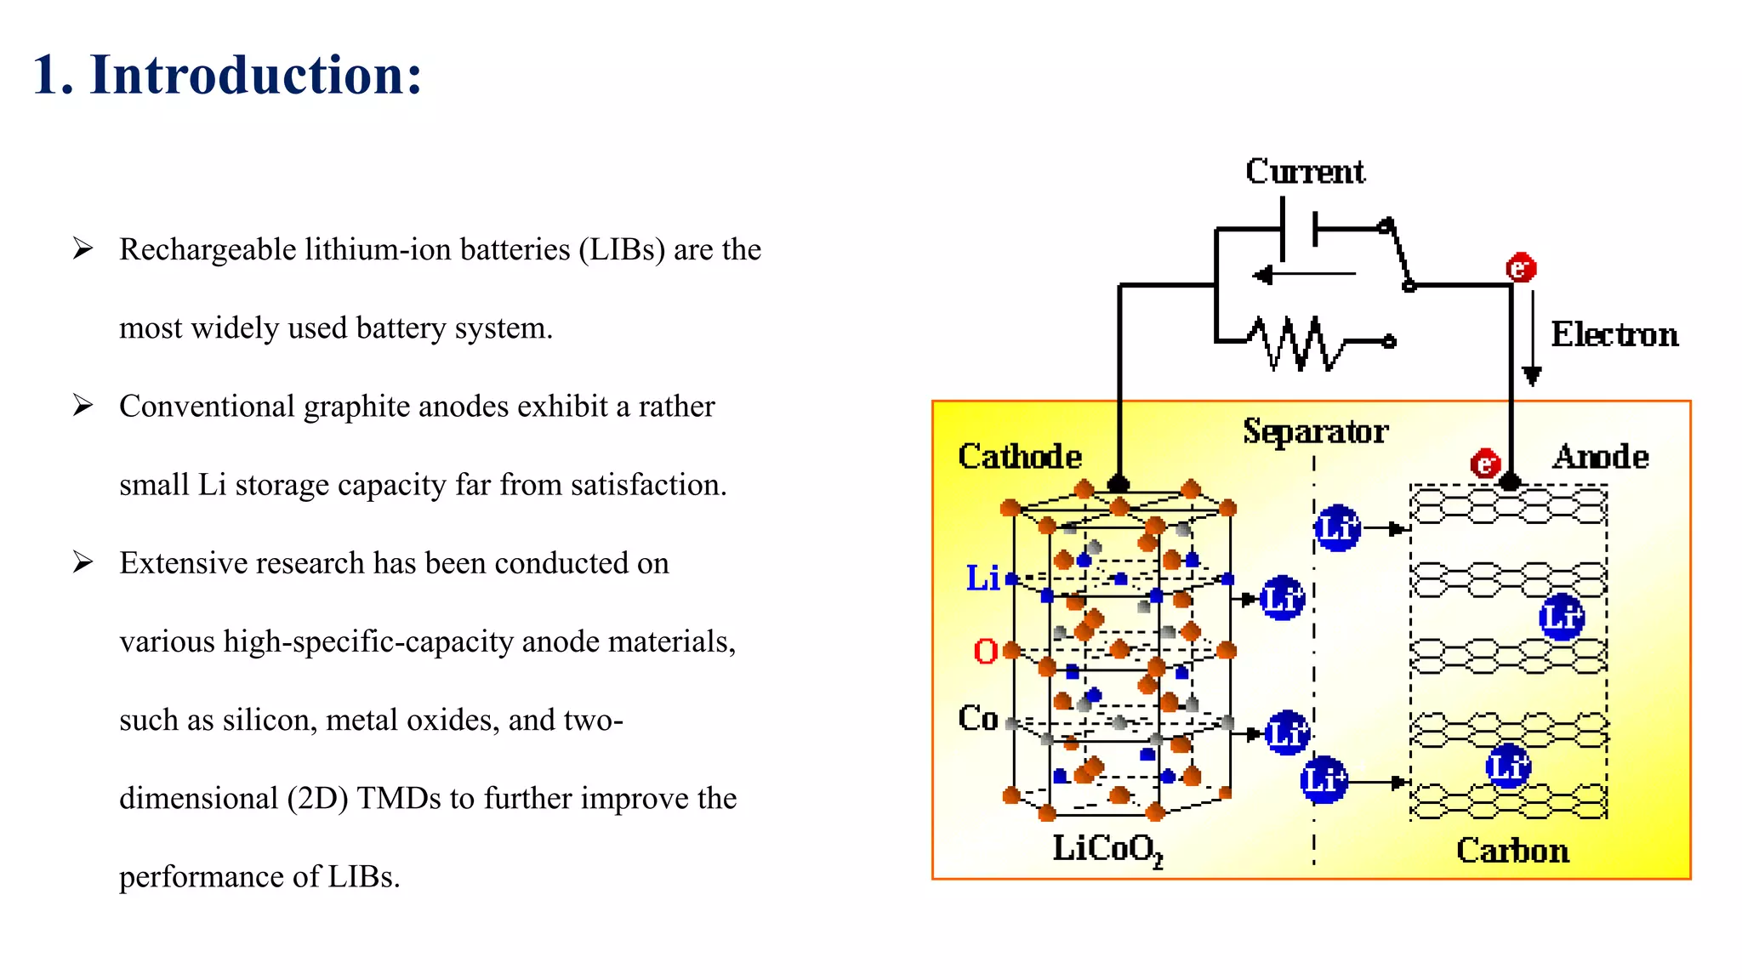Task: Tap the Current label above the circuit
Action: [1305, 172]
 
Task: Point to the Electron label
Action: [1614, 334]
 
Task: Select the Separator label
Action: [1315, 431]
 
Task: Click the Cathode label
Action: [1020, 457]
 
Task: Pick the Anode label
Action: [1601, 457]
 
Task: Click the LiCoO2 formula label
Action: [1107, 849]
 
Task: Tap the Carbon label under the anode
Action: [1512, 851]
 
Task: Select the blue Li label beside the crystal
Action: [982, 578]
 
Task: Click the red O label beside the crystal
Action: [985, 652]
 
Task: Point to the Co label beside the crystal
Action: [977, 718]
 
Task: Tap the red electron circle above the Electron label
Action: [1520, 268]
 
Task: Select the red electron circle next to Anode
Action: [1485, 464]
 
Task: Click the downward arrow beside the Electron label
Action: [1532, 340]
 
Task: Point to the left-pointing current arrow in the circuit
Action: [1301, 275]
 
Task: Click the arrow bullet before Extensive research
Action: [83, 562]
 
